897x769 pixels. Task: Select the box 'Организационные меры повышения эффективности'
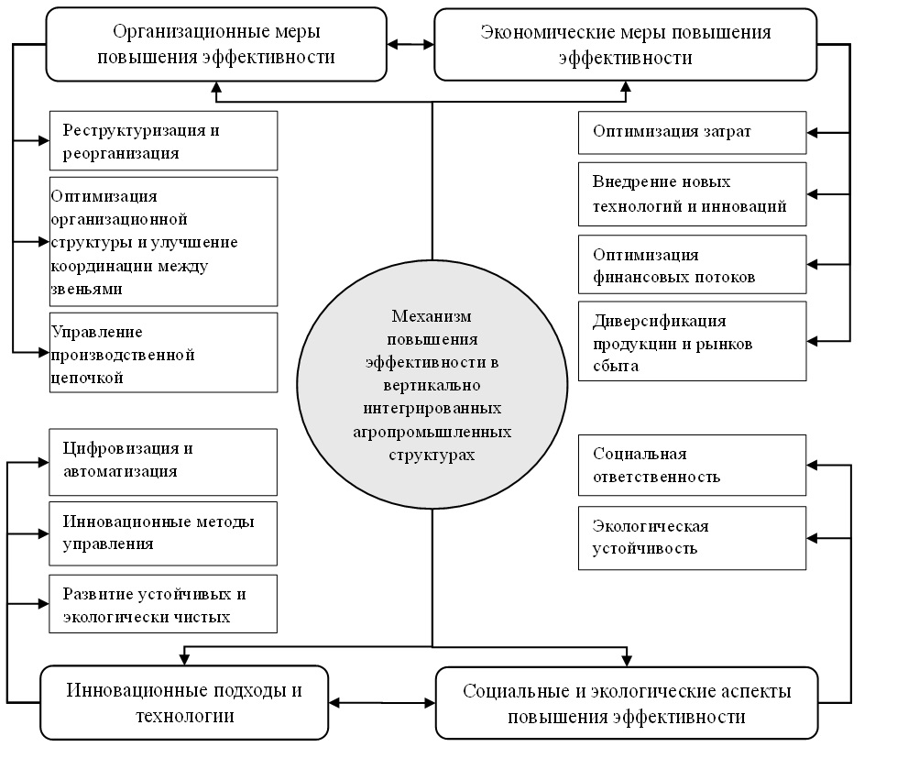(216, 44)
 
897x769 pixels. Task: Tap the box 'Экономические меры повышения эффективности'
(625, 44)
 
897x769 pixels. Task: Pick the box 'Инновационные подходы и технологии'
(183, 702)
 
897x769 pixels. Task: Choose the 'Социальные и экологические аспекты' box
(627, 703)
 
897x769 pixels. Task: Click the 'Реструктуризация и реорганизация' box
(163, 140)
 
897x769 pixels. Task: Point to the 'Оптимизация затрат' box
(692, 133)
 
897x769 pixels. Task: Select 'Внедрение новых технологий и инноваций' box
(692, 194)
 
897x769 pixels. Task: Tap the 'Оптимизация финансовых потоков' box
(692, 265)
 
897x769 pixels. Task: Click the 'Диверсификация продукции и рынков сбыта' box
(692, 340)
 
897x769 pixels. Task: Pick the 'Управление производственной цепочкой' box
(163, 353)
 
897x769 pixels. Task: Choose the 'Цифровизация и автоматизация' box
(163, 461)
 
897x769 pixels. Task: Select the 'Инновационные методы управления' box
(163, 533)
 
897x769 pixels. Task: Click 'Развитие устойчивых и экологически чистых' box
(163, 605)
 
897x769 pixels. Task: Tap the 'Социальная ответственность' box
(692, 465)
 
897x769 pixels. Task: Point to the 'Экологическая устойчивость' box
(692, 537)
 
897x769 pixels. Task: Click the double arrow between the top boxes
(410, 43)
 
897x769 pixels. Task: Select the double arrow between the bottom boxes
(381, 703)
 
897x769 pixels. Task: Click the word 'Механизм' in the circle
(431, 316)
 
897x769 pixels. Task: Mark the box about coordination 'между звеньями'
(163, 241)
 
